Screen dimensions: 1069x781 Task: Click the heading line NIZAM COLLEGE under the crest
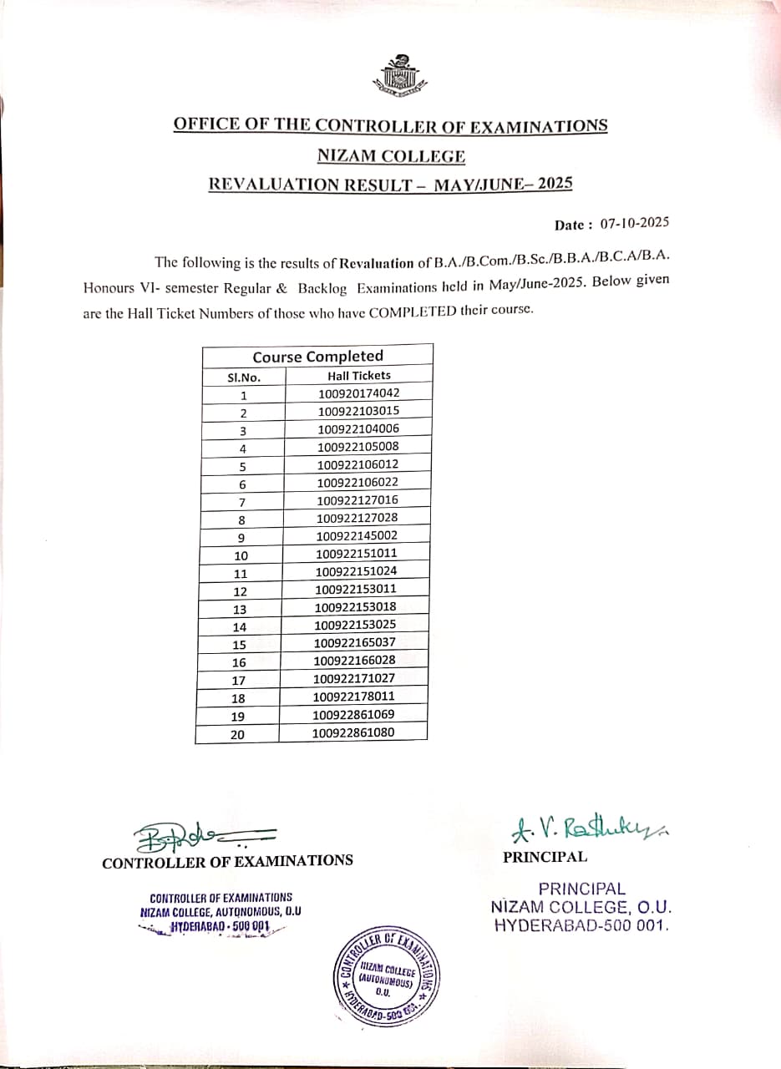coord(391,155)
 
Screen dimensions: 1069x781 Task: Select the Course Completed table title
coord(317,357)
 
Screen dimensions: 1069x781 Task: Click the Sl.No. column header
coord(244,377)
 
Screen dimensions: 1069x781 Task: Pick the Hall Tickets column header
coord(358,376)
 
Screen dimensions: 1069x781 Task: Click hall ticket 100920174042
coord(358,393)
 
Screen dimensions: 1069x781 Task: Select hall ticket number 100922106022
coord(358,482)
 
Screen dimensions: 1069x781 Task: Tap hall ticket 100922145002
coord(358,535)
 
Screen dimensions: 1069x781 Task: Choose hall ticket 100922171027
coord(355,678)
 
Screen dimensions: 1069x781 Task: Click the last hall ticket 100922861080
coord(353,732)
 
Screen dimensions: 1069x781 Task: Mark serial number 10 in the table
coord(241,555)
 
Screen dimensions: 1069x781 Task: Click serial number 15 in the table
coord(239,645)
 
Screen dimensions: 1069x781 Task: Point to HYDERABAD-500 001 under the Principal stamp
coord(582,925)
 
